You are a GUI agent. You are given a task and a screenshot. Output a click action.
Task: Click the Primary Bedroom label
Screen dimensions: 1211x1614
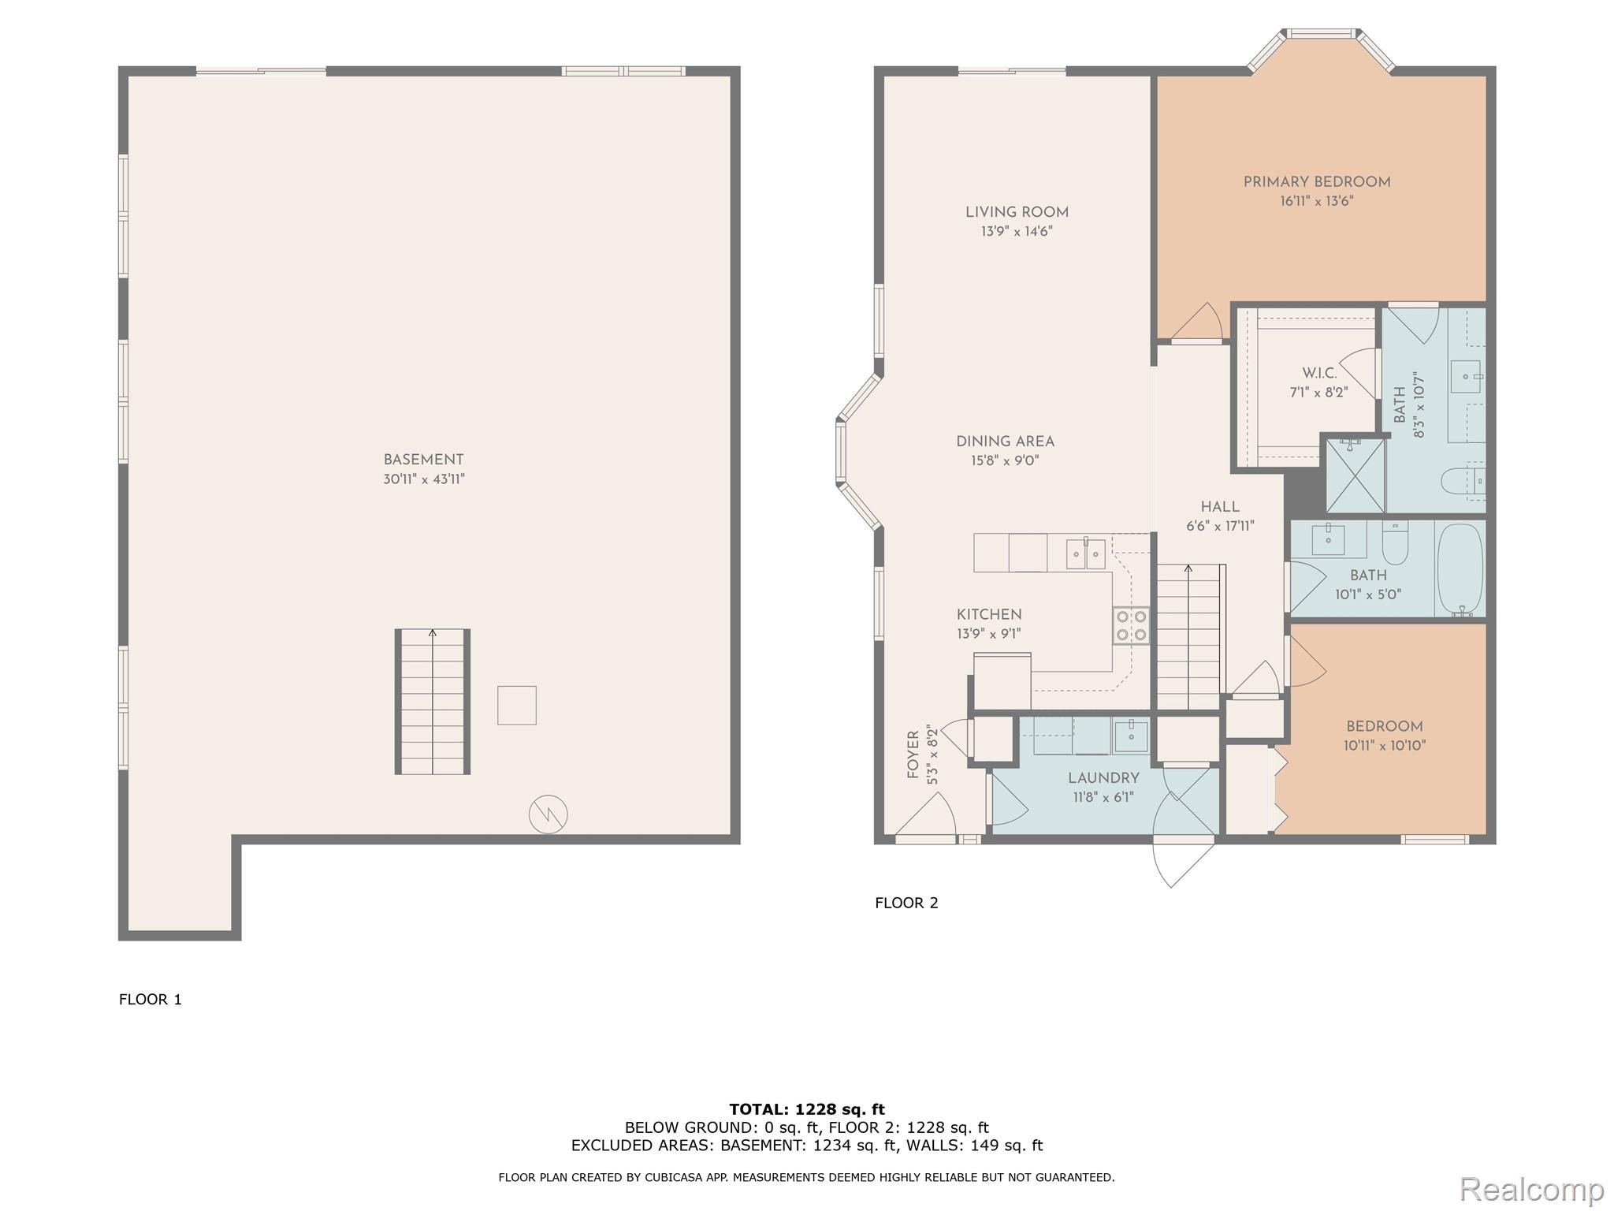pos(1316,182)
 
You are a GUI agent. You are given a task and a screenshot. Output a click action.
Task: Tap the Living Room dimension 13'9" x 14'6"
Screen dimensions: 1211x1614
pos(1017,232)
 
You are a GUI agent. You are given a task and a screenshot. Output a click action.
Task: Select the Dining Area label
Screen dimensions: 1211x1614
pos(1005,442)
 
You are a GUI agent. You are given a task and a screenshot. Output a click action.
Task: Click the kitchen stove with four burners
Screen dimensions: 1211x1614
pos(1131,626)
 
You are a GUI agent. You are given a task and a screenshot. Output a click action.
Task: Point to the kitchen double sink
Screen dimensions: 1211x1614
pos(1086,554)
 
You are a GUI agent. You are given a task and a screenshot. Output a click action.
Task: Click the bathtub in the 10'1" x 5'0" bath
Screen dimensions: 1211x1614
pos(1460,569)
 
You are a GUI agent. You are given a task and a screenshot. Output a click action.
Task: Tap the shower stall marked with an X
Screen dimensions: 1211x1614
pos(1356,476)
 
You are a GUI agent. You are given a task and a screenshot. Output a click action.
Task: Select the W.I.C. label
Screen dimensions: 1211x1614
pos(1319,373)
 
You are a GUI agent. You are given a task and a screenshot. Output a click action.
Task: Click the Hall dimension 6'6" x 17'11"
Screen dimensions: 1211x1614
pos(1220,526)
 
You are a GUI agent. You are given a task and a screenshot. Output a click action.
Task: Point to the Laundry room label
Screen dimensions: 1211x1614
pos(1103,778)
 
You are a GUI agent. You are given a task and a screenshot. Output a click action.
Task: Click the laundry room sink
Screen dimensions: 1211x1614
pos(1131,735)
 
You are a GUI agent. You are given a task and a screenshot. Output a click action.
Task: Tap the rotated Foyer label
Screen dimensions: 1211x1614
pos(913,755)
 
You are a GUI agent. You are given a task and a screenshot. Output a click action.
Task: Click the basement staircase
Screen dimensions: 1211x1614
pos(433,702)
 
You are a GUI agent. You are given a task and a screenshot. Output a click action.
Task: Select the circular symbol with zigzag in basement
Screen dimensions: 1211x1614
pos(548,814)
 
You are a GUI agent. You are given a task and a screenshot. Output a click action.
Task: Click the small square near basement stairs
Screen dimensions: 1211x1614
pos(517,705)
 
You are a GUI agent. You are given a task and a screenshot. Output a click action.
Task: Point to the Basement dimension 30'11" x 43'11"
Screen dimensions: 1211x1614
pos(424,479)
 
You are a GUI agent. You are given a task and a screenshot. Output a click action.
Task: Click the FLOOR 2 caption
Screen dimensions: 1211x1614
pos(906,903)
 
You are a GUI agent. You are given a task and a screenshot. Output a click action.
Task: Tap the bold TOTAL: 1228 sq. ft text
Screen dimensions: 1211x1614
pos(807,1109)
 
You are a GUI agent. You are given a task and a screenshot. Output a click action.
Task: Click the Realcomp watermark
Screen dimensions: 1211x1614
pos(1531,1189)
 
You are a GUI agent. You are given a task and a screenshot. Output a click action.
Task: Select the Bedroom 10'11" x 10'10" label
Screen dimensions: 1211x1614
pos(1385,727)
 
